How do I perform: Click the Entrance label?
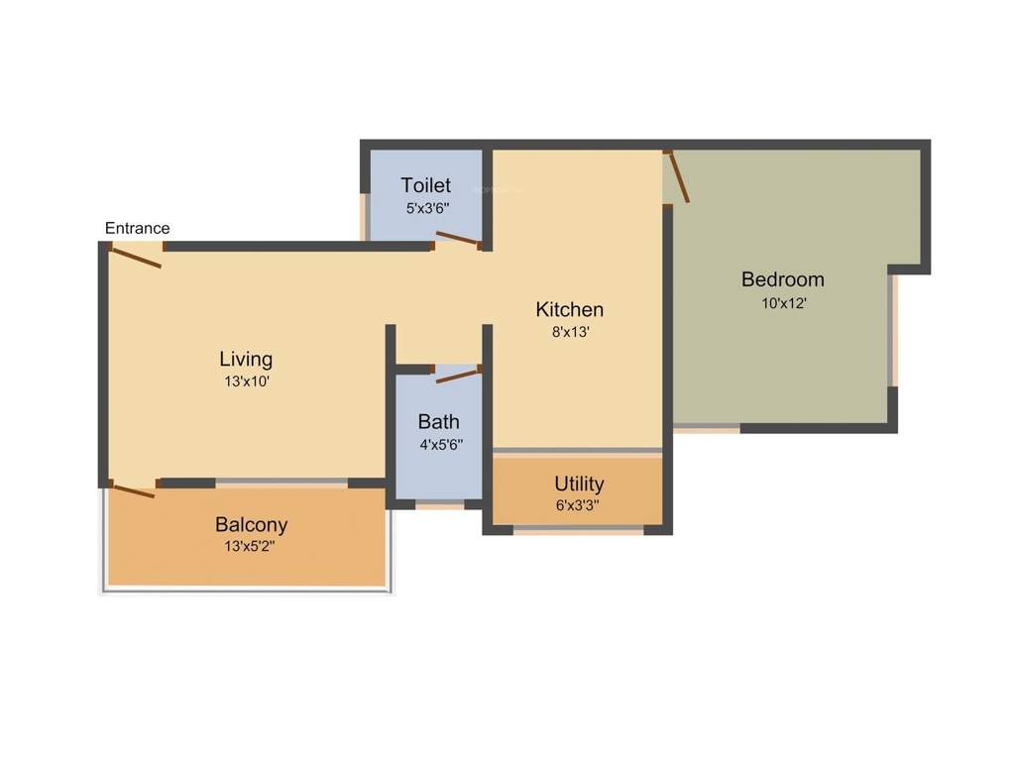pyautogui.click(x=138, y=229)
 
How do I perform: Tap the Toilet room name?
pyautogui.click(x=426, y=185)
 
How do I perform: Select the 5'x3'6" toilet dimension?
pyautogui.click(x=426, y=209)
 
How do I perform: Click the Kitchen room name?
pyautogui.click(x=570, y=309)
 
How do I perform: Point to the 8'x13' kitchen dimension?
pyautogui.click(x=570, y=333)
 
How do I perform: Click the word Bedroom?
pyautogui.click(x=783, y=279)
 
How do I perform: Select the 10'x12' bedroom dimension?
pyautogui.click(x=783, y=303)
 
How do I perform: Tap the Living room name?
pyautogui.click(x=246, y=359)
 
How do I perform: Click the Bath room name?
pyautogui.click(x=438, y=422)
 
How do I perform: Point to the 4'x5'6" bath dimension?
pyautogui.click(x=441, y=446)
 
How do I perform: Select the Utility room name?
pyautogui.click(x=579, y=485)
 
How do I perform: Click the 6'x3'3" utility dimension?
pyautogui.click(x=579, y=505)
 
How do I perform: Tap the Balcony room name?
pyautogui.click(x=252, y=525)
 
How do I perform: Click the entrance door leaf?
pyautogui.click(x=137, y=257)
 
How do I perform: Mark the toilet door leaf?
pyautogui.click(x=457, y=239)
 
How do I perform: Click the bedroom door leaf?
pyautogui.click(x=678, y=176)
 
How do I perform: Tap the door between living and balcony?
pyautogui.click(x=134, y=489)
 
